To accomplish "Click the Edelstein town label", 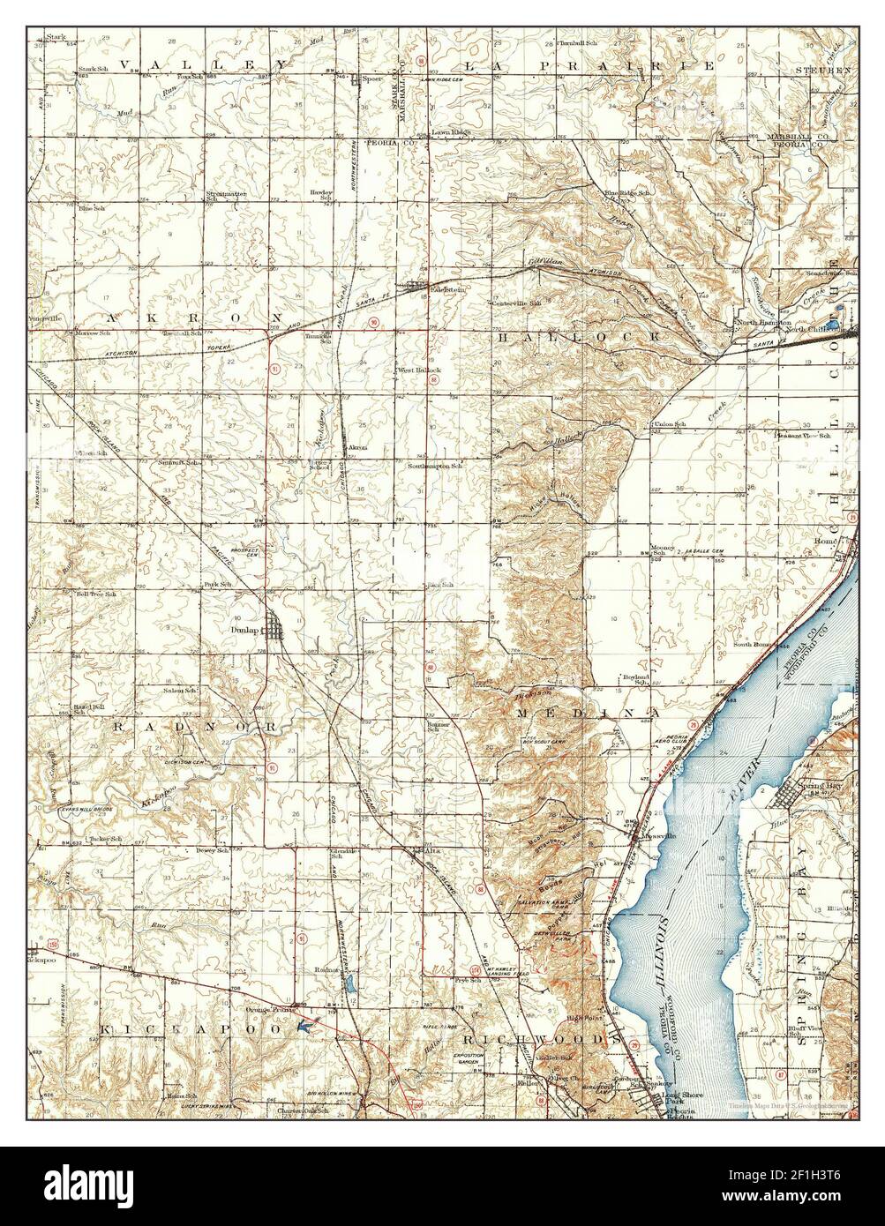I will click(x=423, y=288).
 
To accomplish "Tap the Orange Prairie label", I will click(x=270, y=1010).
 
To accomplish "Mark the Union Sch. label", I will click(x=668, y=425).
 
